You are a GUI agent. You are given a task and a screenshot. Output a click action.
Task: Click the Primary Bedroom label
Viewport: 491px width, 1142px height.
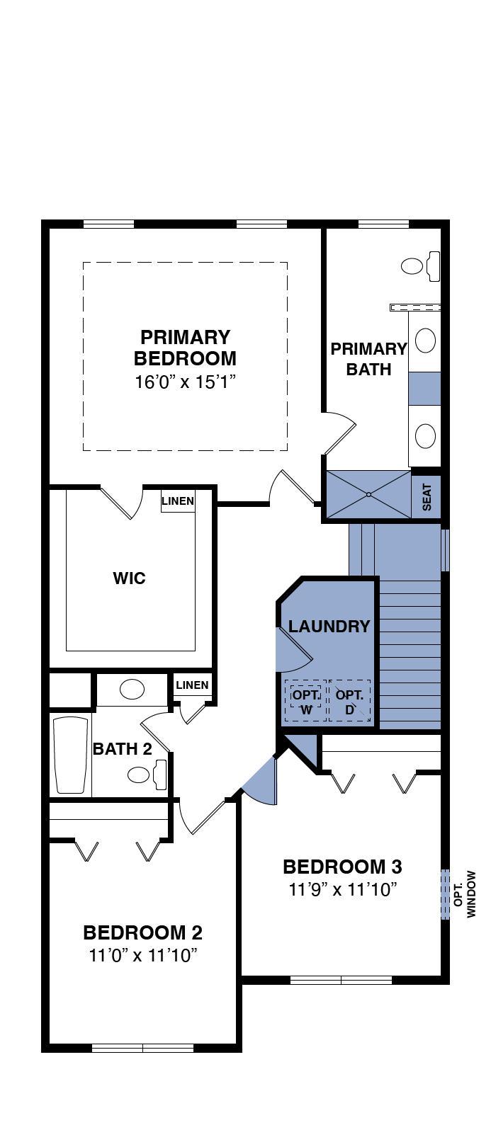coord(185,348)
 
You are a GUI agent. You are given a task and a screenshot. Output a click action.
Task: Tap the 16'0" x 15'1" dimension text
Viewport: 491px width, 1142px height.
coord(186,382)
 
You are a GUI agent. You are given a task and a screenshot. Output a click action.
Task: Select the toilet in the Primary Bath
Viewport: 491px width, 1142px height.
coord(420,265)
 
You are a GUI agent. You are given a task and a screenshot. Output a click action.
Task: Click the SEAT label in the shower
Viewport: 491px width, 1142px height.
coord(427,497)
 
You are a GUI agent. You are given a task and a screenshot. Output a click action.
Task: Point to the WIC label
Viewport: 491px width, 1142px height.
coord(129,578)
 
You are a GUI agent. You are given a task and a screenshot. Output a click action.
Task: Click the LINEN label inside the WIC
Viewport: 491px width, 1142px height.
coord(178,501)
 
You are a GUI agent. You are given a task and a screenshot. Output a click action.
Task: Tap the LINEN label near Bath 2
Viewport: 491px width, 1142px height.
coord(192,685)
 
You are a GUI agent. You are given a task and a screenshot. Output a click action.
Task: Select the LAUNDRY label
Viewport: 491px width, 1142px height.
coord(329,626)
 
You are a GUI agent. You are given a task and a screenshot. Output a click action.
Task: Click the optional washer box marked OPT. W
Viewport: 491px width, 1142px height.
coord(305,701)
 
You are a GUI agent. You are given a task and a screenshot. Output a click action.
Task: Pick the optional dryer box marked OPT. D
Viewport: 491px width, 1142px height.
coord(349,701)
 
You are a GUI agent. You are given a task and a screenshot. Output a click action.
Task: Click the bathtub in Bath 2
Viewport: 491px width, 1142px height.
coord(72,755)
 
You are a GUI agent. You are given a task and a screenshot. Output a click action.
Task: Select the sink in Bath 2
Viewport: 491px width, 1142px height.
coord(132,690)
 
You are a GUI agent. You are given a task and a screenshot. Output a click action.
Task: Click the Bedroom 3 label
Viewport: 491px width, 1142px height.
coord(342,866)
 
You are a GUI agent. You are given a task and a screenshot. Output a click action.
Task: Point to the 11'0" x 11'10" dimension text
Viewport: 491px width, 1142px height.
coord(143,955)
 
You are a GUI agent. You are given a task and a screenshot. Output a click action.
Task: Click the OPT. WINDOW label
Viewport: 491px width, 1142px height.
coord(464,894)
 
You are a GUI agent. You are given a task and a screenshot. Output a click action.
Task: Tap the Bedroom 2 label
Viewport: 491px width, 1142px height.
coord(143,932)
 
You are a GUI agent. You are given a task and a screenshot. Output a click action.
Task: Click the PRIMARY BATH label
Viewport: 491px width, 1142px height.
coord(368,359)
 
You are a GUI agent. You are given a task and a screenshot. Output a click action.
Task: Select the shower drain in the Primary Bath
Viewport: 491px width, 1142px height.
coord(368,494)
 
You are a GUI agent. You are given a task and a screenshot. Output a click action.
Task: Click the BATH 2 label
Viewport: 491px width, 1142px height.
coord(123,749)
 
